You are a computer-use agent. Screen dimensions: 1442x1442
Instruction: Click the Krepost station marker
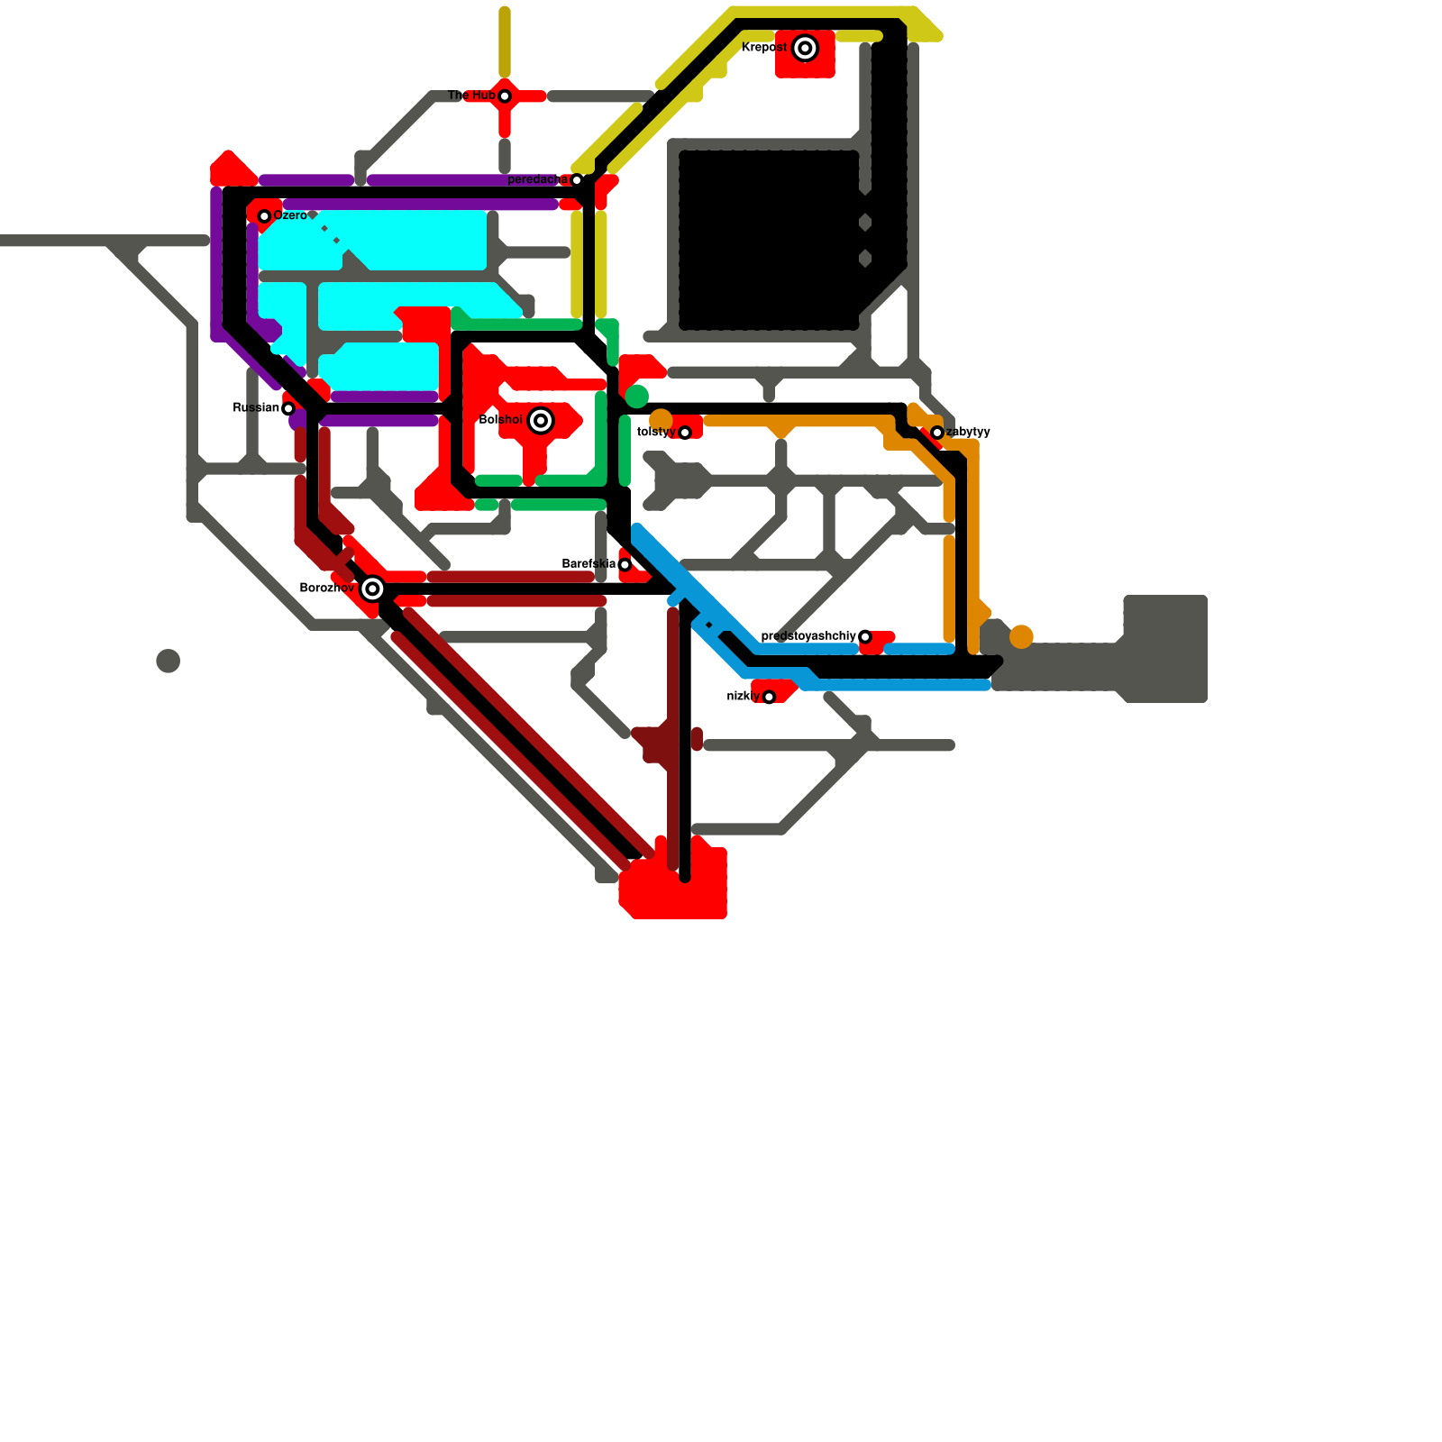pyautogui.click(x=805, y=48)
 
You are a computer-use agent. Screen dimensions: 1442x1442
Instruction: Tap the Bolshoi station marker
pyautogui.click(x=541, y=420)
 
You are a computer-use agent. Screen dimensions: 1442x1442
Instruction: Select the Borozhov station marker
pyautogui.click(x=372, y=589)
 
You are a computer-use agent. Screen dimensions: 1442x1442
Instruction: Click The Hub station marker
pyautogui.click(x=505, y=96)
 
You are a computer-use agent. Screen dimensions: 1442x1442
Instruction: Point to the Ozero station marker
pyautogui.click(x=264, y=216)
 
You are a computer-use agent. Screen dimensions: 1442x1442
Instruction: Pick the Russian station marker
pyautogui.click(x=288, y=409)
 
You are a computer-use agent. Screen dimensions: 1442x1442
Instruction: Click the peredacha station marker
pyautogui.click(x=577, y=180)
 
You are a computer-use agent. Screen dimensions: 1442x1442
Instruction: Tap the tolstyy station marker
pyautogui.click(x=685, y=433)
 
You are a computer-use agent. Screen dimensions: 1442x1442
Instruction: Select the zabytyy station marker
pyautogui.click(x=937, y=433)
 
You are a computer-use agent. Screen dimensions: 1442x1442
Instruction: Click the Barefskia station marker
pyautogui.click(x=625, y=565)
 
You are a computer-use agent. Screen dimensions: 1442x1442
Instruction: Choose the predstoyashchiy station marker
pyautogui.click(x=865, y=637)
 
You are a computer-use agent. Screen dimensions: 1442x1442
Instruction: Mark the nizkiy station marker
pyautogui.click(x=769, y=697)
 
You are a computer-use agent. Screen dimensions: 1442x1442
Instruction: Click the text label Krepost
pyautogui.click(x=764, y=48)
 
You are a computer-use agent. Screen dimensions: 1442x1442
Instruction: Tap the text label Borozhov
pyautogui.click(x=327, y=589)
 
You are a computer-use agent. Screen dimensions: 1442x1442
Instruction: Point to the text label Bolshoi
pyautogui.click(x=501, y=420)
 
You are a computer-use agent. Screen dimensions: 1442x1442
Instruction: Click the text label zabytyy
pyautogui.click(x=969, y=432)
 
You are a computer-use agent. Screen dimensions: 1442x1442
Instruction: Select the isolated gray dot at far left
pyautogui.click(x=168, y=661)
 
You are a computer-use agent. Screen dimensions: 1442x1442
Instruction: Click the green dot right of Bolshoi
pyautogui.click(x=637, y=397)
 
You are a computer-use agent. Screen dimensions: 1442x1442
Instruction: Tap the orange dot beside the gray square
pyautogui.click(x=1021, y=637)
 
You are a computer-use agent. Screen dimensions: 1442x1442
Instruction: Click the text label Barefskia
pyautogui.click(x=589, y=564)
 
